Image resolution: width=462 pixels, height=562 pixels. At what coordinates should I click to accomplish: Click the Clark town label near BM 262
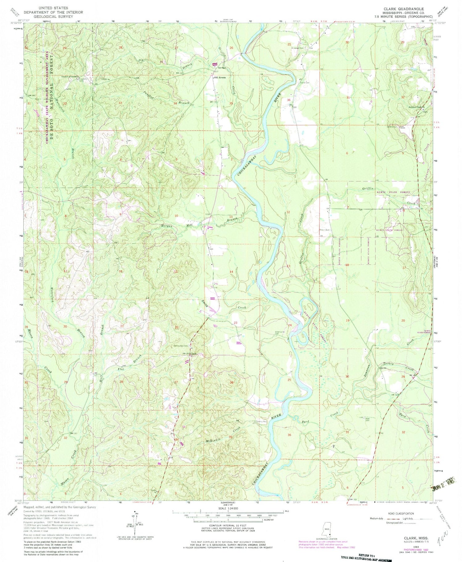[193, 354]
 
